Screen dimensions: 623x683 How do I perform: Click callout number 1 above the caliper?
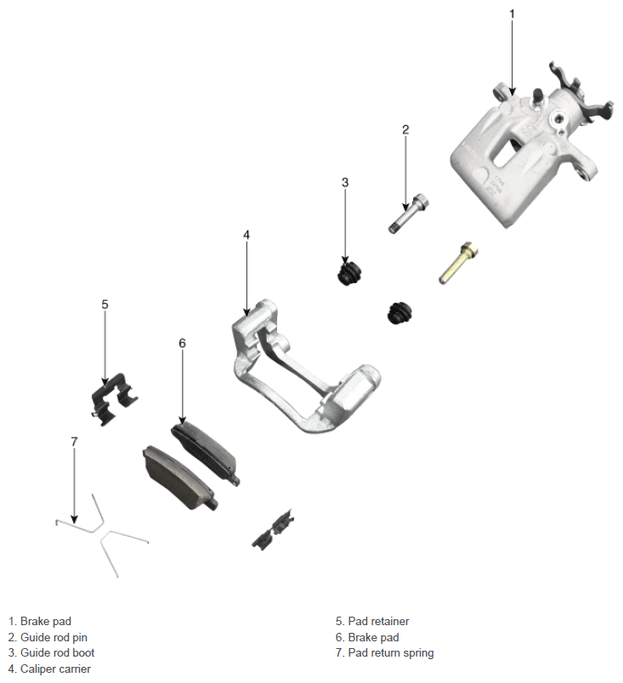512,14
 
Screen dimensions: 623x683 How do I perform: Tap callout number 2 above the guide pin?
405,129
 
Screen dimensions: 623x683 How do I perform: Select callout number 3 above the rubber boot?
345,182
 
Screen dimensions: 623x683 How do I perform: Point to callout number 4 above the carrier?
246,235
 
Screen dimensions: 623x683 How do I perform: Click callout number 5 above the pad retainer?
105,304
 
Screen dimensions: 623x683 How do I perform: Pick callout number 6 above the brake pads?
182,344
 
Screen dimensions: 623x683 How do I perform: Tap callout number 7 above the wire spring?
74,441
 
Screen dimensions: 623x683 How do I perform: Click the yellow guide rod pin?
458,263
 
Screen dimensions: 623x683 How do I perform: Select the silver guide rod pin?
408,213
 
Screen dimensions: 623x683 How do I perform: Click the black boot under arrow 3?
349,274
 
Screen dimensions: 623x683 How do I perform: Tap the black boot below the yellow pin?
399,312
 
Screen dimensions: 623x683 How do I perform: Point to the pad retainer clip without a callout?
273,530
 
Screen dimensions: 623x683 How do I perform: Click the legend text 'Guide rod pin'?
54,637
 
